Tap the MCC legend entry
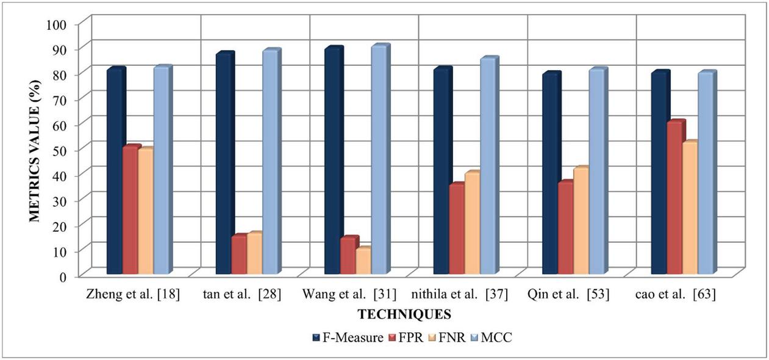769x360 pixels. pos(492,337)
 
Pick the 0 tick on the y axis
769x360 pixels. pos(69,276)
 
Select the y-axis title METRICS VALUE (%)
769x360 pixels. pos(35,151)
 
